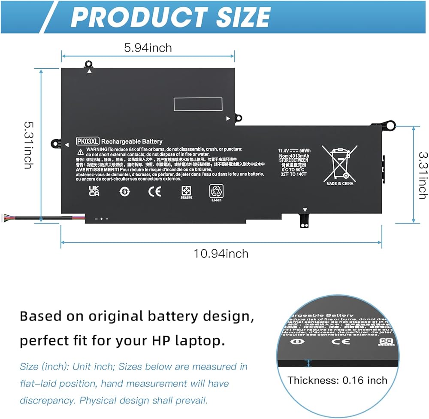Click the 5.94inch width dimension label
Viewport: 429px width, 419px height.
pos(148,47)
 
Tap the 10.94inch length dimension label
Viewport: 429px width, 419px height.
pos(221,254)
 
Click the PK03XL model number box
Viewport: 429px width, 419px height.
pos(88,141)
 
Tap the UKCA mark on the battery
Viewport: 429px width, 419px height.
pos(94,191)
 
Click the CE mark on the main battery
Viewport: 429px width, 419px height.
pos(155,191)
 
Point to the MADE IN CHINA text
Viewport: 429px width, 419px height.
pos(340,184)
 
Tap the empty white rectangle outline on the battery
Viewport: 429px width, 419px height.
pos(198,104)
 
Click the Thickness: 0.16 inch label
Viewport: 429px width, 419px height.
pos(337,380)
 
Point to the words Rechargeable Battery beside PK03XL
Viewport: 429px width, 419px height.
pos(132,141)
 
